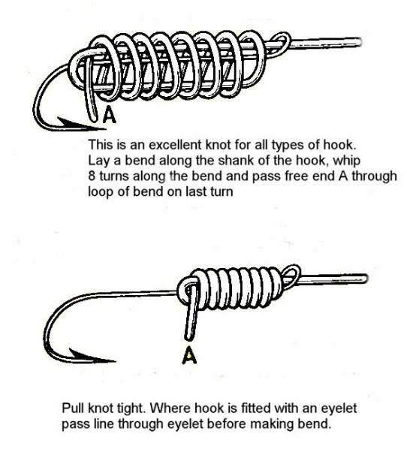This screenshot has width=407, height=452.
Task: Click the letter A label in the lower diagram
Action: (189, 354)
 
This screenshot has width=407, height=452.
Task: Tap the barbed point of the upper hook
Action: (104, 128)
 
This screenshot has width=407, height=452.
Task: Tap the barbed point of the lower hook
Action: (115, 360)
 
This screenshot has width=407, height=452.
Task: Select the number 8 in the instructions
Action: (92, 176)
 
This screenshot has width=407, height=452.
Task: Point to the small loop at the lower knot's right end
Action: (291, 276)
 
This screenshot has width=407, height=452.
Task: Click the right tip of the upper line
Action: (360, 42)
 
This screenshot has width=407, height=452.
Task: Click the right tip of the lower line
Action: (366, 278)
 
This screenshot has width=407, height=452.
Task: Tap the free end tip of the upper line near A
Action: (93, 118)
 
